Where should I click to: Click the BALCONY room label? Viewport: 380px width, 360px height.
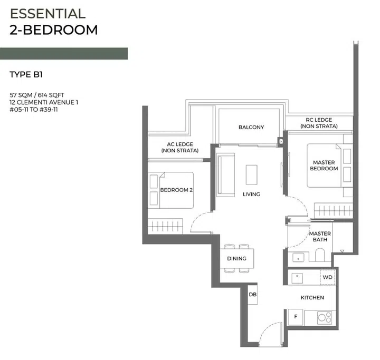pyautogui.click(x=251, y=127)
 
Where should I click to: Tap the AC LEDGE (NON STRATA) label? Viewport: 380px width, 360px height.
pyautogui.click(x=180, y=148)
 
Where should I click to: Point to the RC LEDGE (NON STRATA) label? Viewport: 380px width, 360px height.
pyautogui.click(x=319, y=123)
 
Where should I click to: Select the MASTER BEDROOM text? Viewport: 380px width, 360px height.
pyautogui.click(x=324, y=166)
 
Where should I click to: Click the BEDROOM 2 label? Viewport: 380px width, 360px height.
pyautogui.click(x=175, y=190)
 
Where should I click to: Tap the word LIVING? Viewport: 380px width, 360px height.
pyautogui.click(x=251, y=194)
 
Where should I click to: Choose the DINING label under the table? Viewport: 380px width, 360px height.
pyautogui.click(x=236, y=259)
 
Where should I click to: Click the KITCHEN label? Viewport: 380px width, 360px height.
pyautogui.click(x=312, y=298)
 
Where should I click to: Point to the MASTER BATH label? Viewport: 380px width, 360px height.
pyautogui.click(x=320, y=237)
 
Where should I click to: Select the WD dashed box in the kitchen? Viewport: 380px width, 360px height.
pyautogui.click(x=327, y=277)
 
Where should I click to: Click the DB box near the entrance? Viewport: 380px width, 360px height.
pyautogui.click(x=253, y=295)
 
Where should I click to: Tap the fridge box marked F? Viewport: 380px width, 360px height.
pyautogui.click(x=296, y=317)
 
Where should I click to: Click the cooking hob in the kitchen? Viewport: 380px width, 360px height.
pyautogui.click(x=325, y=318)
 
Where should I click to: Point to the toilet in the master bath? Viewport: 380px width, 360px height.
pyautogui.click(x=320, y=256)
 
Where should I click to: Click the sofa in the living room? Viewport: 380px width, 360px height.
pyautogui.click(x=226, y=174)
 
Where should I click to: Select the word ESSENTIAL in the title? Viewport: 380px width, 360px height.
pyautogui.click(x=47, y=14)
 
